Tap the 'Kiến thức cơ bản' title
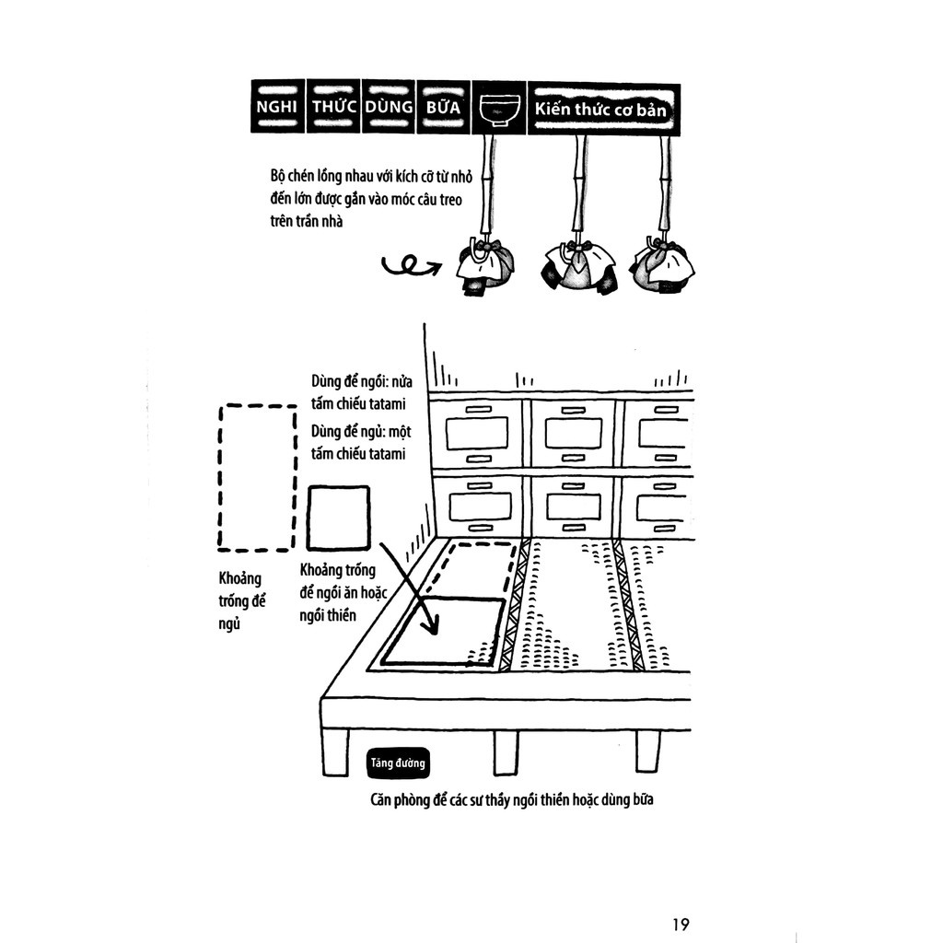pos(603,109)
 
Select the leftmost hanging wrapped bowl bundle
pos(485,265)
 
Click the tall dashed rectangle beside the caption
pos(256,477)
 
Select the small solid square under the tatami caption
pos(338,518)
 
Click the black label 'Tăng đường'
pos(396,763)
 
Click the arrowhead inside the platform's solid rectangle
pos(427,627)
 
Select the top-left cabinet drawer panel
pos(477,434)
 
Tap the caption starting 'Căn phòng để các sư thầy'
pos(511,800)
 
